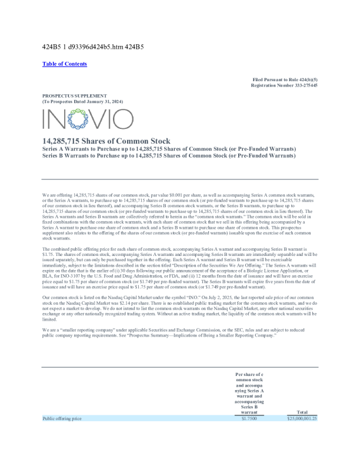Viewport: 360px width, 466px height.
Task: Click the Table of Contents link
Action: pos(65,64)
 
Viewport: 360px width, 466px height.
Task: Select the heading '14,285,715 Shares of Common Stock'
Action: pos(106,141)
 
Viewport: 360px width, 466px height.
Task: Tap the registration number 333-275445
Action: pos(302,85)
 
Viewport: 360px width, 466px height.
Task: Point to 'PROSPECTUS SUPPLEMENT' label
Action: pos(74,95)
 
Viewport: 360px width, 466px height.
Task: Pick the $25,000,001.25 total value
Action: pos(302,418)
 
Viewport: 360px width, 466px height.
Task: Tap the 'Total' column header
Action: pos(302,412)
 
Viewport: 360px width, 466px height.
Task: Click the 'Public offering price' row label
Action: pos(62,418)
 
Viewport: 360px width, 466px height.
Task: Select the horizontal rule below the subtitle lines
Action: pos(180,179)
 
